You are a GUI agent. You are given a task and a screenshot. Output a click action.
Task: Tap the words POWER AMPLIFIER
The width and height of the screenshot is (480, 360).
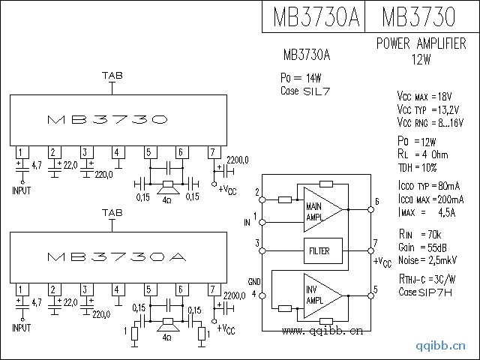tap(426, 44)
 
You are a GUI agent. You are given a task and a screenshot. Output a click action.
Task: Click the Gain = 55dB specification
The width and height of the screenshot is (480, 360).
tap(424, 247)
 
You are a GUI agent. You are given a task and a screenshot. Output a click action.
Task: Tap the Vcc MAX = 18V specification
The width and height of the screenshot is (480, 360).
tap(425, 97)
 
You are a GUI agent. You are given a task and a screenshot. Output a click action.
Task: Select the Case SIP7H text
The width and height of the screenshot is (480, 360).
tap(425, 292)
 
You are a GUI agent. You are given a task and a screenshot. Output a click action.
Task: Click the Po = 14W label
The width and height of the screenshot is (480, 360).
tap(301, 78)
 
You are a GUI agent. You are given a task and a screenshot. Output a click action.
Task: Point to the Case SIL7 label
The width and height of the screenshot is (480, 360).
tap(304, 91)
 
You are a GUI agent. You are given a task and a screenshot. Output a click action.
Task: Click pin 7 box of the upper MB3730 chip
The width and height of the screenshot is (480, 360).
tap(214, 152)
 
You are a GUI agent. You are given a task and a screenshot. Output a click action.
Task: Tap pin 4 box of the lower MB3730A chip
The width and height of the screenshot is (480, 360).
tap(117, 289)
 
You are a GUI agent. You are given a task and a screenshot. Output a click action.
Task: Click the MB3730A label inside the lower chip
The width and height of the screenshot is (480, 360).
tap(116, 256)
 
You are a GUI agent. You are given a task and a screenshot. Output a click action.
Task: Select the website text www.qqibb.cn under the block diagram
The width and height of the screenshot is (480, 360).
tap(323, 330)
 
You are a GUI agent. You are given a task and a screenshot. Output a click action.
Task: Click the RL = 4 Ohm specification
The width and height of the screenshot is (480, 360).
tap(425, 154)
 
